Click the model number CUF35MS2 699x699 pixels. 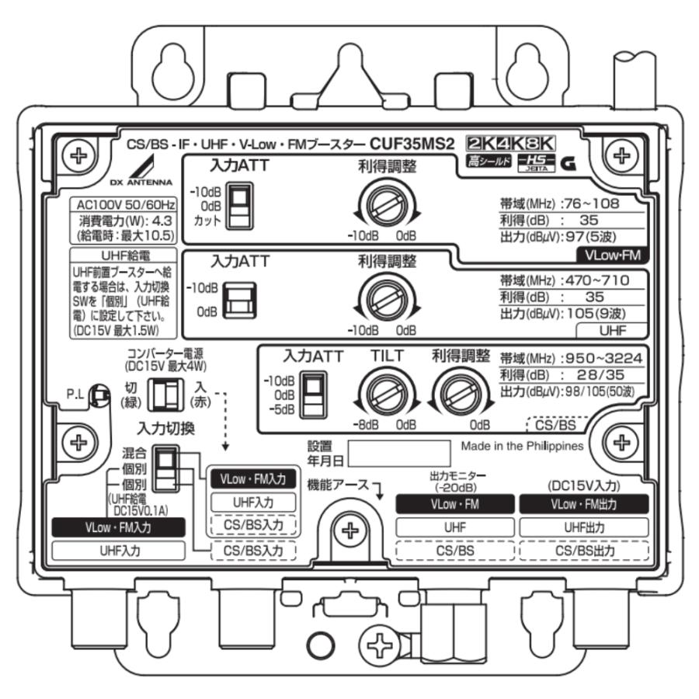point(412,144)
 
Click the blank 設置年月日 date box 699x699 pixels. point(398,454)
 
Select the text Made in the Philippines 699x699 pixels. point(522,447)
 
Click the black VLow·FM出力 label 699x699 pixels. point(583,504)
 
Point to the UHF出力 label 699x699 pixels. point(583,527)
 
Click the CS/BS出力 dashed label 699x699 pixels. point(583,551)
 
